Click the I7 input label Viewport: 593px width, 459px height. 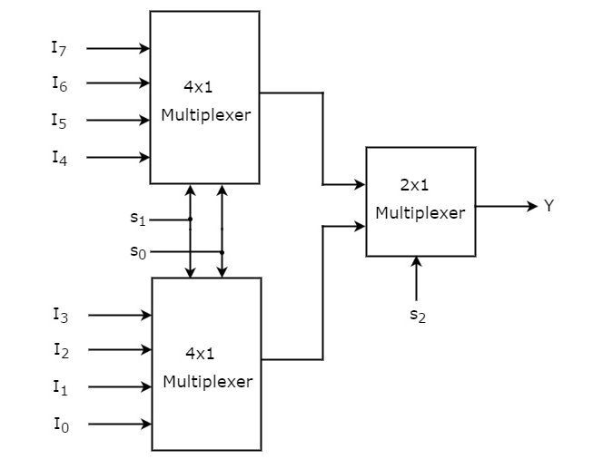coord(58,48)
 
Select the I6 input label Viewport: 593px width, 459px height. coord(58,83)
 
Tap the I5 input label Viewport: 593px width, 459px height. coord(58,120)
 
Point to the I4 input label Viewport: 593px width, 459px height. coord(58,158)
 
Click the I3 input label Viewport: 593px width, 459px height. coord(59,316)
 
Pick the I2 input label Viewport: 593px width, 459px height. coord(59,350)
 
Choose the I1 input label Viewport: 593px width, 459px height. coord(59,387)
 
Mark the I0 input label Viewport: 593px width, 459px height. coord(59,424)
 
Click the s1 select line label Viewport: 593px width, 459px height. coord(137,219)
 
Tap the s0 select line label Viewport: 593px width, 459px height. coord(137,251)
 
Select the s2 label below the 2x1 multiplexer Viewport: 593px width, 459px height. coord(417,317)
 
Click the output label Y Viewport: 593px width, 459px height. coord(549,206)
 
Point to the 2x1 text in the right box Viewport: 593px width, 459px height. coord(414,185)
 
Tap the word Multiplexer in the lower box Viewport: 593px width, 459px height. coord(208,382)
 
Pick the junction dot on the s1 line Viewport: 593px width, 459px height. coord(190,219)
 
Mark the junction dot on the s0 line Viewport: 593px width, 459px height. coord(222,252)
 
